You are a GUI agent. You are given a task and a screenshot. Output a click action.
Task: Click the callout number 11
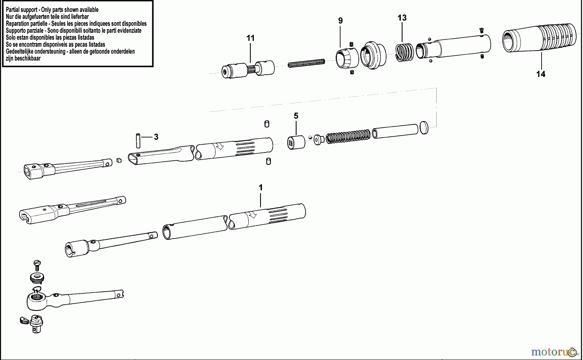click(250, 38)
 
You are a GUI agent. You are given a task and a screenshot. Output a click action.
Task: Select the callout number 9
click(340, 21)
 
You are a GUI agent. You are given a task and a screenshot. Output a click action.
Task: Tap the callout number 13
click(402, 18)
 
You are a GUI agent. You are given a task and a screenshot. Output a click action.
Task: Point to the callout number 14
click(541, 74)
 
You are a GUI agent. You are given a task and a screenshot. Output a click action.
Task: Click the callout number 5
click(296, 116)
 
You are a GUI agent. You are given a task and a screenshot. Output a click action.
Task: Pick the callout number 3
click(156, 137)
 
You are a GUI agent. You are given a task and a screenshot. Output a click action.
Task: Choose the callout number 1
click(260, 187)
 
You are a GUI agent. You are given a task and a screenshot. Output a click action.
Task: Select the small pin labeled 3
click(138, 140)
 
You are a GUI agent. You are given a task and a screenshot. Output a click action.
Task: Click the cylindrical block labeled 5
click(296, 142)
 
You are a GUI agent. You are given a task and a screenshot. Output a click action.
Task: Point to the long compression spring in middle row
click(348, 136)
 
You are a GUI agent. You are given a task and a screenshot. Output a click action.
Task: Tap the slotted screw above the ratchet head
click(37, 265)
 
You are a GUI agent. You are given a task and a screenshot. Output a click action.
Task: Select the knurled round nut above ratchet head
click(37, 277)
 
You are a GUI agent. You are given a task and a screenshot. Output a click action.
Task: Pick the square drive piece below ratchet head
click(37, 324)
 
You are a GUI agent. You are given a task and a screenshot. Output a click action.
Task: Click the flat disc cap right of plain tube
click(424, 128)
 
